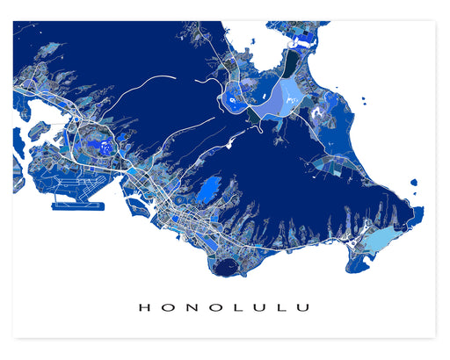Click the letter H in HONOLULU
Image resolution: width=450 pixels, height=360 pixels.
(143, 307)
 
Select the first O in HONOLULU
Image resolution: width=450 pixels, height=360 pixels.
(164, 307)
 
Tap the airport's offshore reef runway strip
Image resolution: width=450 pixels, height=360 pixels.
(77, 207)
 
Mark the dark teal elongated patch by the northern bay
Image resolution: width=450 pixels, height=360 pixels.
(290, 63)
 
